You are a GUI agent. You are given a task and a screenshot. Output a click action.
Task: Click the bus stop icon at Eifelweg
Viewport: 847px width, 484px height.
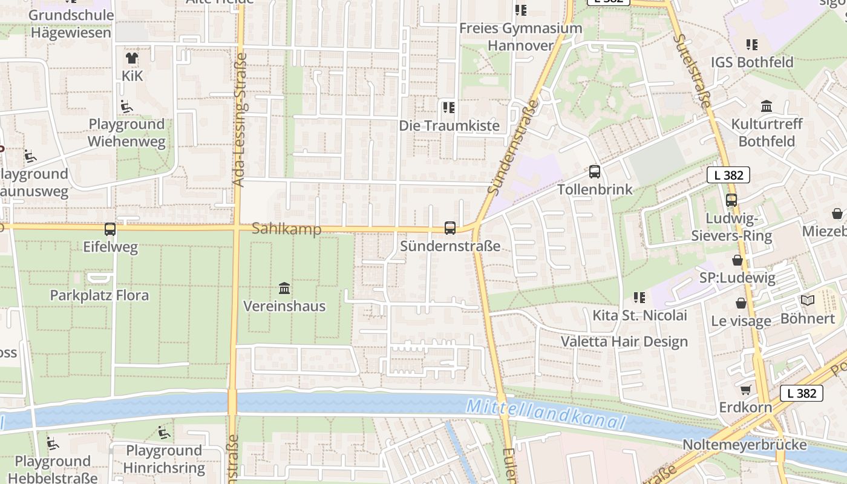point(110,229)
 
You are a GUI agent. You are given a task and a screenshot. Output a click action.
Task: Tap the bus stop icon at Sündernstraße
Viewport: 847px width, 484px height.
point(450,228)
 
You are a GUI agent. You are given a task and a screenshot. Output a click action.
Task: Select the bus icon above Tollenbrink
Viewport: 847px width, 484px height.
point(595,171)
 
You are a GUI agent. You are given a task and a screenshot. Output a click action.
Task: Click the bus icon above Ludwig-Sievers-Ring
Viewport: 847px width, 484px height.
point(731,200)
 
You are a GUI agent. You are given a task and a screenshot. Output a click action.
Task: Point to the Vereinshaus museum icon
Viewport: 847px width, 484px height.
point(284,288)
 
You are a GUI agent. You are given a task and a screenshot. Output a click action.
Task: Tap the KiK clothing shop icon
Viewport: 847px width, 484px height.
point(132,58)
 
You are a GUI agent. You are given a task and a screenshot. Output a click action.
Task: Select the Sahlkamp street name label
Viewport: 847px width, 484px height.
point(286,229)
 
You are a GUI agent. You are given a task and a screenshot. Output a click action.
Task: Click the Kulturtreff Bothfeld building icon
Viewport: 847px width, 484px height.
point(767,106)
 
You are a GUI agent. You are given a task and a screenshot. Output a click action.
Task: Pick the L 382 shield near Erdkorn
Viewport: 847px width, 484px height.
point(802,393)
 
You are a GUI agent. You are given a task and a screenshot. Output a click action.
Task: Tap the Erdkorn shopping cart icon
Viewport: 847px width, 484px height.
point(745,390)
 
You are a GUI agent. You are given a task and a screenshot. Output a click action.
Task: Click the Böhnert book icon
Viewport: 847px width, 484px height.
point(807,300)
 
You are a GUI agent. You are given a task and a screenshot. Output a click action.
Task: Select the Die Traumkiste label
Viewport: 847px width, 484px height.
point(450,125)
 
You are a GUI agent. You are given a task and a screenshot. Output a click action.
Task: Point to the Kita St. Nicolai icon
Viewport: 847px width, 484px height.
point(639,297)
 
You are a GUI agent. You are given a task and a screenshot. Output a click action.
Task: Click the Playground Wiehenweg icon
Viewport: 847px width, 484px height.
point(126,106)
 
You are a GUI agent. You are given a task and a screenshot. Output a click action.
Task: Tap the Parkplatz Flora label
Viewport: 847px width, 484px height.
point(99,296)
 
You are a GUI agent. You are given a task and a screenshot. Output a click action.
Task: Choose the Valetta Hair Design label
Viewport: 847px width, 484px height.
point(624,341)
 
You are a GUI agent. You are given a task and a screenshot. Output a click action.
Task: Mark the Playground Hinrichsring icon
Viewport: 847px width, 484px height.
point(163,433)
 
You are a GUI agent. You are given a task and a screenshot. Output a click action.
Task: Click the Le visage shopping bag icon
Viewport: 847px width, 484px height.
point(741,302)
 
